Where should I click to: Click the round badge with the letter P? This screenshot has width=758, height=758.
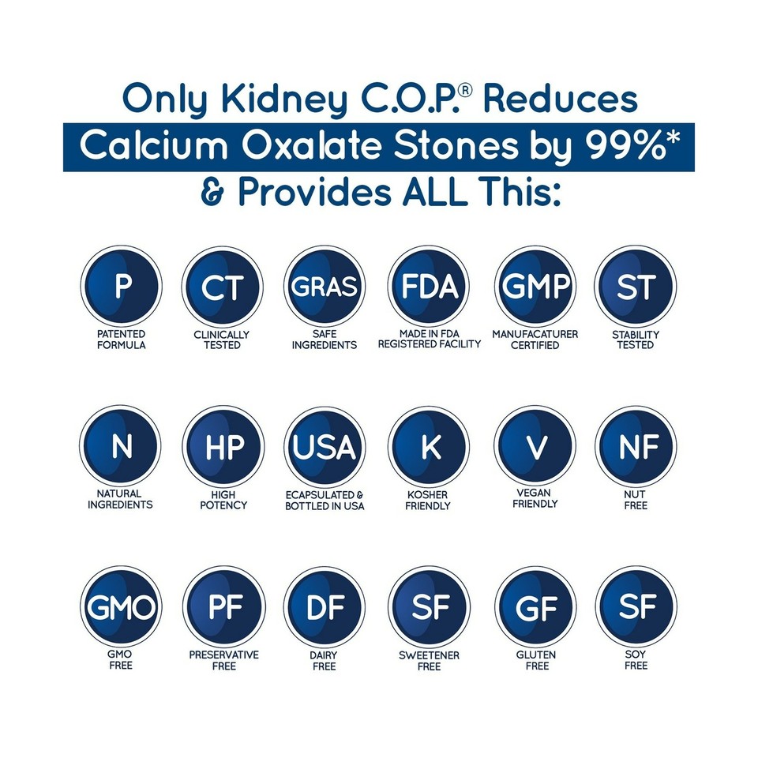pos(121,287)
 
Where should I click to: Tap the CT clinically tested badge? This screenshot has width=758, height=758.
pos(223,287)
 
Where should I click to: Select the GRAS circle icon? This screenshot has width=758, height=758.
pos(325,287)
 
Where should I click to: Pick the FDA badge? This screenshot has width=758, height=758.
pos(429,287)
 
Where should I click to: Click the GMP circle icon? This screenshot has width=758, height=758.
pos(535,287)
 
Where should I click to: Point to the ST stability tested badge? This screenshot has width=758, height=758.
pos(636,287)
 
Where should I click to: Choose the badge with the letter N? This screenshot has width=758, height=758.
pos(121,447)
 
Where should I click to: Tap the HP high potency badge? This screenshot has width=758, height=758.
pos(223,447)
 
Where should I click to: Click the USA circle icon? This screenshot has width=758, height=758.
pos(325,447)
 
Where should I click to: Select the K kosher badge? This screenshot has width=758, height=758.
pos(429,447)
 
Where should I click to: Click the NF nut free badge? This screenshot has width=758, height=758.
pos(636,447)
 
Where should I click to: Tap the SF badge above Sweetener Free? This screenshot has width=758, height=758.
pos(429,607)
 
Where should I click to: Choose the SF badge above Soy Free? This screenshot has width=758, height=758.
pos(636,607)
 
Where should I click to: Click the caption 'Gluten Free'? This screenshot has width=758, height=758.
pos(537,661)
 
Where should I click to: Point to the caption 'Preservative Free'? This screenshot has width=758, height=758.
pos(223,661)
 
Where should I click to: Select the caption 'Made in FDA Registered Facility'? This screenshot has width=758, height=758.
pos(429,340)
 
